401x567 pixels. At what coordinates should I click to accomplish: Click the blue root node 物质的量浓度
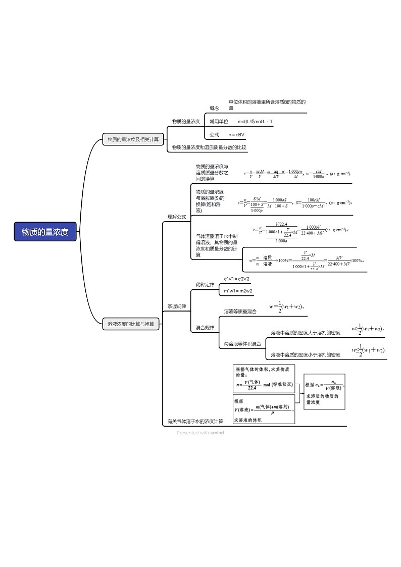tap(45, 232)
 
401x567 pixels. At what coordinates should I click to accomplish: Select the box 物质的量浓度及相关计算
tap(133, 139)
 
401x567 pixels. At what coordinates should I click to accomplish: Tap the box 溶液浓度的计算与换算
tap(131, 324)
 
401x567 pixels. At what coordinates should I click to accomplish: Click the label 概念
tap(214, 108)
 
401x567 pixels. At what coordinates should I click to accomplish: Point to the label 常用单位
tap(219, 122)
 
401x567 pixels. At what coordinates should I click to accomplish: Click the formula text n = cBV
tap(236, 135)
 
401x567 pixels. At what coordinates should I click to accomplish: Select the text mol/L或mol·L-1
tap(255, 122)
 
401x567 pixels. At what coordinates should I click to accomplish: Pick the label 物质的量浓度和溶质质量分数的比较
tap(209, 147)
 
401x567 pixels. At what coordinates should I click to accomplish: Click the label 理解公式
tap(177, 217)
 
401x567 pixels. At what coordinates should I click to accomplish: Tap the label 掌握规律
tap(177, 306)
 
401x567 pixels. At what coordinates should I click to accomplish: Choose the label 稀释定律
tap(205, 285)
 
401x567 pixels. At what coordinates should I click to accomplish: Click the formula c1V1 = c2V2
tap(237, 279)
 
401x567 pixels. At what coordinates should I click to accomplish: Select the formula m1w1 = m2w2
tap(238, 291)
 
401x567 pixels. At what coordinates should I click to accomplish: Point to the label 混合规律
tap(205, 328)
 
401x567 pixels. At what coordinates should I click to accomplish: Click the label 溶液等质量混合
tap(240, 312)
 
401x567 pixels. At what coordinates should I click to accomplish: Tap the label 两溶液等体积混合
tap(242, 344)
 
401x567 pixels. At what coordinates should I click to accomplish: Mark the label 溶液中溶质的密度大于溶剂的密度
tap(306, 333)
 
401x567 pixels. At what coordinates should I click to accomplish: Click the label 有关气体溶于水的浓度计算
tap(195, 421)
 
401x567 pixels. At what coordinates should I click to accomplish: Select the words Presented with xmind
tap(201, 433)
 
